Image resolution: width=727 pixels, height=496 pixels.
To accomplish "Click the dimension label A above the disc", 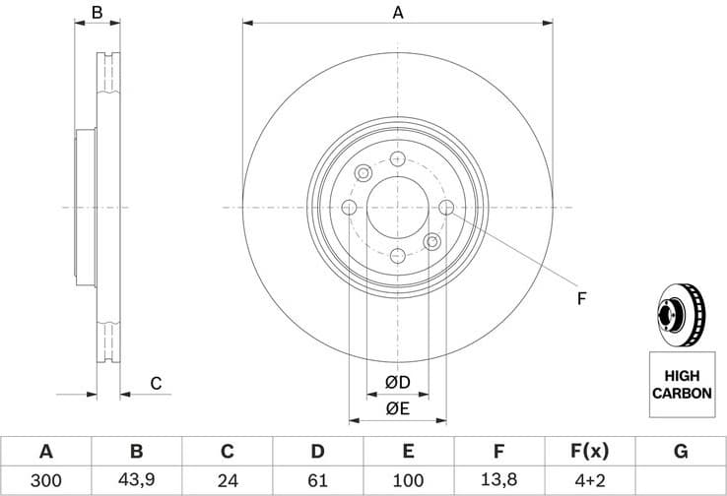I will point(397,13).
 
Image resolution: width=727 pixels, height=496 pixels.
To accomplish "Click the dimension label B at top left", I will point(97,13).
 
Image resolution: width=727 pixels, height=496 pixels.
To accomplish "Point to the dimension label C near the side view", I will point(155,383).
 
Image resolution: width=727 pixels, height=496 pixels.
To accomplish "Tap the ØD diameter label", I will point(397,382).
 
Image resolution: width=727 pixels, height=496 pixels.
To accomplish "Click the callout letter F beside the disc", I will point(581,297).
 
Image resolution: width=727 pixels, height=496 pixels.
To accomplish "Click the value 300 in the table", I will point(45,481).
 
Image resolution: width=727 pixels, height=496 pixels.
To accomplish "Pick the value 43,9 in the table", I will point(136,481).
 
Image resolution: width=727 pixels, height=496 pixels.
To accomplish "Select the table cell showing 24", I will point(227,481).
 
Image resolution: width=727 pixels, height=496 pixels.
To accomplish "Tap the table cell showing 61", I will point(317,481).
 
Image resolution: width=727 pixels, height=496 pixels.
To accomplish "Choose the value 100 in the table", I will point(408,481).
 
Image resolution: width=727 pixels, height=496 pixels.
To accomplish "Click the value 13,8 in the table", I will point(498,481).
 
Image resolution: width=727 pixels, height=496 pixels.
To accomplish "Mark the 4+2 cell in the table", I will point(590,481).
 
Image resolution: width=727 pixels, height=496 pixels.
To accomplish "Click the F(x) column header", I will point(590,452).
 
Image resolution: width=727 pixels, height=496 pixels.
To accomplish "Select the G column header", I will point(681,452).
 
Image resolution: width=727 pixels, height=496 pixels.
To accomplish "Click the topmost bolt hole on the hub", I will point(397,159).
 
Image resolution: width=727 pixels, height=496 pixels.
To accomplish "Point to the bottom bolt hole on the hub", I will point(397,256).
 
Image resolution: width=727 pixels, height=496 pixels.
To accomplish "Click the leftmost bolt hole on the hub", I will point(349,208).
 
